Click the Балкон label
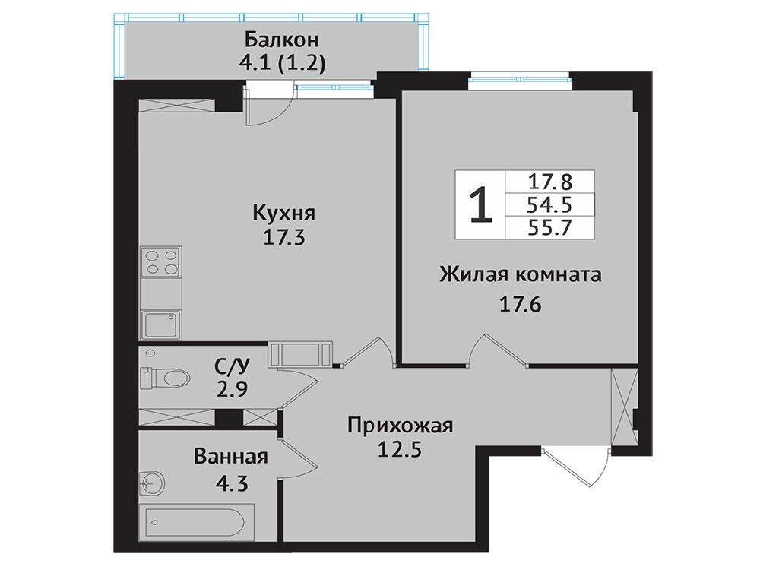(x=282, y=40)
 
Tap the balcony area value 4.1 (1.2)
(x=282, y=64)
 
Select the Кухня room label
(x=283, y=214)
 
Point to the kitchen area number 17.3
(x=283, y=237)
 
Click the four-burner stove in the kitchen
(x=161, y=262)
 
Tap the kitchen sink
(x=161, y=325)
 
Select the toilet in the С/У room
(x=164, y=378)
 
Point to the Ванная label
(x=231, y=457)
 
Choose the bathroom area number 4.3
(x=231, y=483)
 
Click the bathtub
(x=197, y=522)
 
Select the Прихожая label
(x=400, y=426)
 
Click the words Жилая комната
(x=521, y=275)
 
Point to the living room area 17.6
(x=520, y=305)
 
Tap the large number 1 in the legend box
(x=481, y=205)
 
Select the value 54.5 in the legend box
(x=550, y=204)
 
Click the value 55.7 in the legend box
(x=550, y=226)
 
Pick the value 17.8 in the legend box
(x=550, y=182)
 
